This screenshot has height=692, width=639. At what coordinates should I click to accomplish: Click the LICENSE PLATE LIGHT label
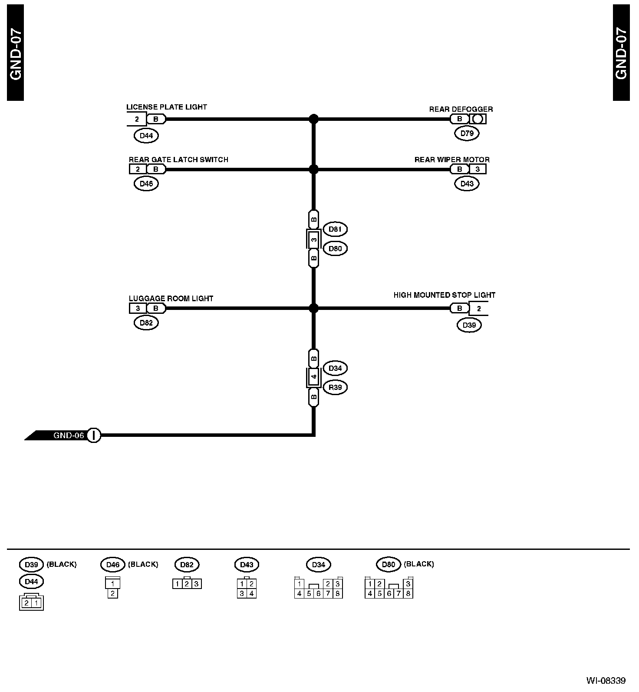[166, 107]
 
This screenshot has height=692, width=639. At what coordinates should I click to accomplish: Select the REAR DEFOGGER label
[461, 109]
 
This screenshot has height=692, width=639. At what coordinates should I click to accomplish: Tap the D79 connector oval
[467, 133]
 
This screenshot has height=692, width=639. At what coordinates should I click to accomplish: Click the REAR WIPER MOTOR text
[451, 160]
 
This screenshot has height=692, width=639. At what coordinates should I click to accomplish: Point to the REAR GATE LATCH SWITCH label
[178, 160]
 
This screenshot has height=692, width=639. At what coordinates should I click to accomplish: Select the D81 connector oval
[335, 229]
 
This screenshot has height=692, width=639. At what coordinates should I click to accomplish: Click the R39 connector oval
[335, 387]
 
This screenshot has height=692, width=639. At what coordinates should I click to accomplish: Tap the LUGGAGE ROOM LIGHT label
[171, 299]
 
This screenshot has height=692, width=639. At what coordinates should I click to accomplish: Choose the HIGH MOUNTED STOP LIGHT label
[444, 295]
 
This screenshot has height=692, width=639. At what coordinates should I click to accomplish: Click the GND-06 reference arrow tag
[61, 435]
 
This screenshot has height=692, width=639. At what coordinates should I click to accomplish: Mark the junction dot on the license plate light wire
[313, 119]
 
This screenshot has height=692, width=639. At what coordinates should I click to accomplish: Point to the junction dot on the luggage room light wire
[313, 309]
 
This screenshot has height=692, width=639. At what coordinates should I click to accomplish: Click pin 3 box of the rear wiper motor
[478, 169]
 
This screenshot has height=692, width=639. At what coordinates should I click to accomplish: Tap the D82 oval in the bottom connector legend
[187, 565]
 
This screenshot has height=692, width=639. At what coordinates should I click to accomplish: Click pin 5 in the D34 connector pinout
[309, 593]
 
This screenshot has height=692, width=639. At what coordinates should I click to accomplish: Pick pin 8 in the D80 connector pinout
[408, 593]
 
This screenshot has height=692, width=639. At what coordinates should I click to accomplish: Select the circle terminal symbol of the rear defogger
[478, 119]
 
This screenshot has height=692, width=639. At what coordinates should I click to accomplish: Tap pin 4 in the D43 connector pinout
[251, 593]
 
